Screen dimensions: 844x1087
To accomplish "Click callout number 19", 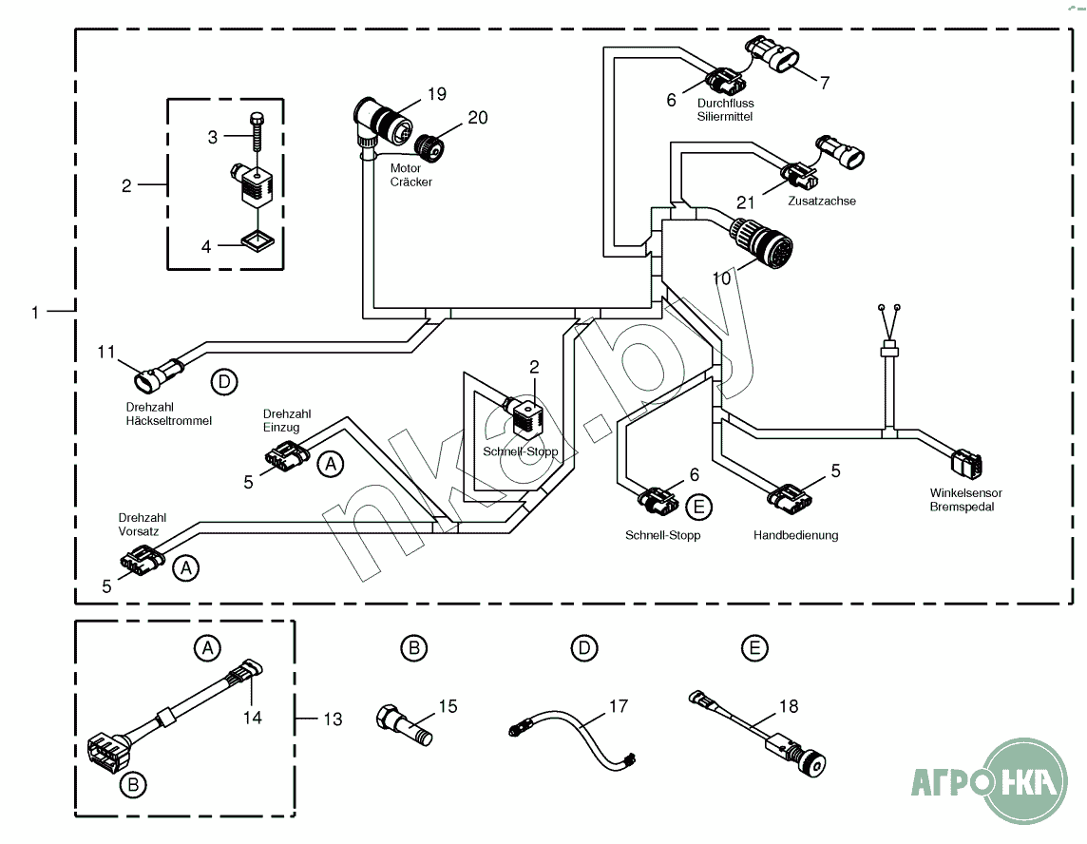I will pos(436,94).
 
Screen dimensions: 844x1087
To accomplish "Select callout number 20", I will pos(478,118).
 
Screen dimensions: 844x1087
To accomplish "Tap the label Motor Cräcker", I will pos(410,175).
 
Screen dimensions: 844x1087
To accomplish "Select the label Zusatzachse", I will pos(822,201).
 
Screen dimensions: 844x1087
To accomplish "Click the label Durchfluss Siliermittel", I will pos(725,109).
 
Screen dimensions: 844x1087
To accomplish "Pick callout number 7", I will pos(825,83).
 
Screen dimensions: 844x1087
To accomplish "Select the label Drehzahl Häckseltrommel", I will pos(168,413).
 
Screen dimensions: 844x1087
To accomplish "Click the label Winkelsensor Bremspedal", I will pos(966,500).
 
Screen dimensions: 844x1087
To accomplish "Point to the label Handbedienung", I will pos(795,535).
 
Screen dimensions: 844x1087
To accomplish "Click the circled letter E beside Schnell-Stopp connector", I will pos(698,508).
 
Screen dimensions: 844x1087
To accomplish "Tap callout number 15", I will pos(448,706).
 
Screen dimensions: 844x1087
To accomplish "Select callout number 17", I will pos(619,707).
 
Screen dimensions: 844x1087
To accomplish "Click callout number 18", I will pos(788,706).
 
